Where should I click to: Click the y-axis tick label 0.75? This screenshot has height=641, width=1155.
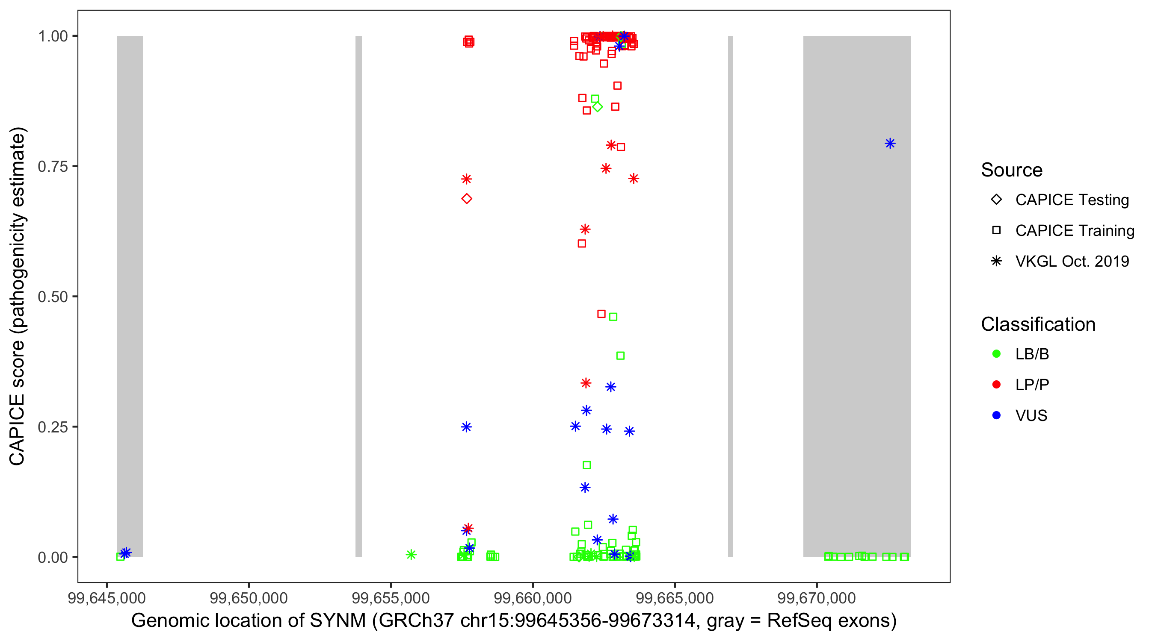pyautogui.click(x=52, y=167)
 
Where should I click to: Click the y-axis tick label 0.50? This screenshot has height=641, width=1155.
pyautogui.click(x=52, y=297)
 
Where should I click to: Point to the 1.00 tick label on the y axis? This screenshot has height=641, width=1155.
pyautogui.click(x=52, y=36)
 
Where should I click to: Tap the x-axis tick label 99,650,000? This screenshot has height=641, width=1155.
pyautogui.click(x=249, y=598)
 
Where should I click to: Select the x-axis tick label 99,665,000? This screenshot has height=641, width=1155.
pyautogui.click(x=674, y=598)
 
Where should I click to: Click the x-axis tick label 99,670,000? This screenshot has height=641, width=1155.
pyautogui.click(x=817, y=598)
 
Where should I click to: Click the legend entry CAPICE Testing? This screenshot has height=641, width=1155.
pyautogui.click(x=1072, y=200)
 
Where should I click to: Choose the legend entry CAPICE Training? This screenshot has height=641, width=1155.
pyautogui.click(x=1074, y=231)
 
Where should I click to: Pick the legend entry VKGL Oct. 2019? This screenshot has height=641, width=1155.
pyautogui.click(x=1072, y=261)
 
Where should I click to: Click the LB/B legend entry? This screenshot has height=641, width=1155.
pyautogui.click(x=1032, y=354)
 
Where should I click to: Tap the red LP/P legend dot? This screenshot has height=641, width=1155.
pyautogui.click(x=997, y=385)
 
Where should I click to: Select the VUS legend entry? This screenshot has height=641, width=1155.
pyautogui.click(x=1031, y=416)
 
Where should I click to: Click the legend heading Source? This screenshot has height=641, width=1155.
pyautogui.click(x=1012, y=170)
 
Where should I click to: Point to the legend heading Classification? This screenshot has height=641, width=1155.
pyautogui.click(x=1038, y=324)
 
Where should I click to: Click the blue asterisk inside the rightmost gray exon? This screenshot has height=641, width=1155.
pyautogui.click(x=890, y=143)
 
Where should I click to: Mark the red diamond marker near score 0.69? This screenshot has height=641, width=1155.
pyautogui.click(x=467, y=199)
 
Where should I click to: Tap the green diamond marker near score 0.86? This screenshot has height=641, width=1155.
pyautogui.click(x=597, y=107)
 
